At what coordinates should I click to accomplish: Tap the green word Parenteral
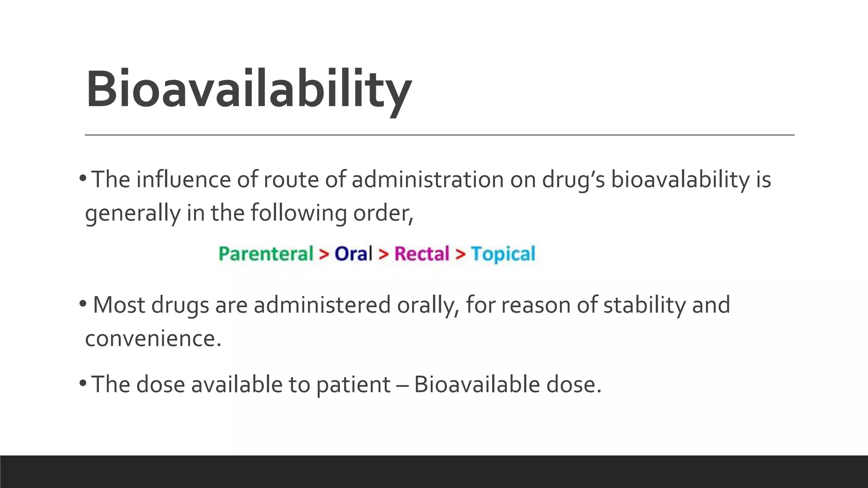(266, 254)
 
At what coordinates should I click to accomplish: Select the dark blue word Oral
(353, 254)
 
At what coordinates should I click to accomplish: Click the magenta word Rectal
(422, 254)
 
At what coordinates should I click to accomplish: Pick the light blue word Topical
(503, 254)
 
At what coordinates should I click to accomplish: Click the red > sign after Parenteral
(324, 254)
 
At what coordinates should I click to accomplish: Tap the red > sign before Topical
(460, 254)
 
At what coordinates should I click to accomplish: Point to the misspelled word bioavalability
(680, 180)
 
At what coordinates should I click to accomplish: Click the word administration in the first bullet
(427, 179)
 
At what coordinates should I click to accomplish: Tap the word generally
(132, 213)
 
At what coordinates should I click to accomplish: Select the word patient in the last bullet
(353, 385)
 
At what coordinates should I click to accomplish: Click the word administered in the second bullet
(322, 305)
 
